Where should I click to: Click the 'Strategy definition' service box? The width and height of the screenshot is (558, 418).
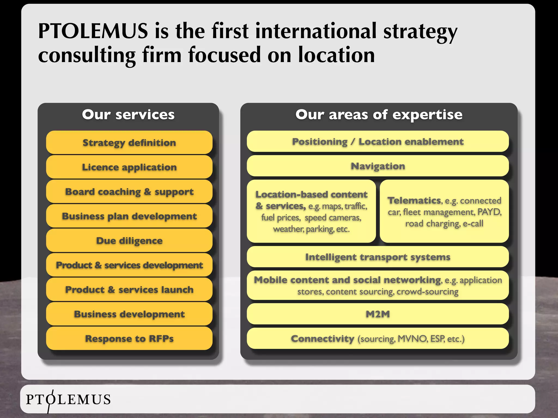click(129, 143)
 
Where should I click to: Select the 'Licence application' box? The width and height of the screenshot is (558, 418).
click(129, 167)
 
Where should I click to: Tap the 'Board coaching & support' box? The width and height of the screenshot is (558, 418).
click(129, 192)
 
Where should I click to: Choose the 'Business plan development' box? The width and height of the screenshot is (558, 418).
click(129, 216)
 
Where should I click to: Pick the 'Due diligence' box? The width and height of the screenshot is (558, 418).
click(129, 241)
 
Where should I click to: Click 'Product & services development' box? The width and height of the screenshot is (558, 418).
click(129, 265)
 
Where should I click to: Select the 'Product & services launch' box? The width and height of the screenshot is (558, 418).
click(129, 290)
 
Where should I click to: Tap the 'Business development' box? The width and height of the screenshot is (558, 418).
click(129, 314)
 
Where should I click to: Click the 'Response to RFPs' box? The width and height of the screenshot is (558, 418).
click(129, 339)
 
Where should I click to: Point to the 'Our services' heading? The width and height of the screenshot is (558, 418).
click(128, 115)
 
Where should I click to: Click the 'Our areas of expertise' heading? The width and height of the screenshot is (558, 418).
click(379, 115)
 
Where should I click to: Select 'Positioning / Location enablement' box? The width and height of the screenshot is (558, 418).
click(378, 142)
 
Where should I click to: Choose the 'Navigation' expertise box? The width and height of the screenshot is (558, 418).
click(378, 166)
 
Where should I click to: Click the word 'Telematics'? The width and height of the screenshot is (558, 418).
click(414, 201)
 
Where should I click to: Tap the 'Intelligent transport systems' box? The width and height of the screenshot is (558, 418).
click(378, 257)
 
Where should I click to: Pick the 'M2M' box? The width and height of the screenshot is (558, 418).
click(378, 314)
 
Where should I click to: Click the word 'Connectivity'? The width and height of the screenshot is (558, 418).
click(323, 339)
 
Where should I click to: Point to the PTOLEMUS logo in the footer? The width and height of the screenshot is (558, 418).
click(68, 399)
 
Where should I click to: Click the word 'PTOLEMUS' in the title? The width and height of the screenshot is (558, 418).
click(93, 31)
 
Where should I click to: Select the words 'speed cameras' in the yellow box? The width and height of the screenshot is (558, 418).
click(333, 218)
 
